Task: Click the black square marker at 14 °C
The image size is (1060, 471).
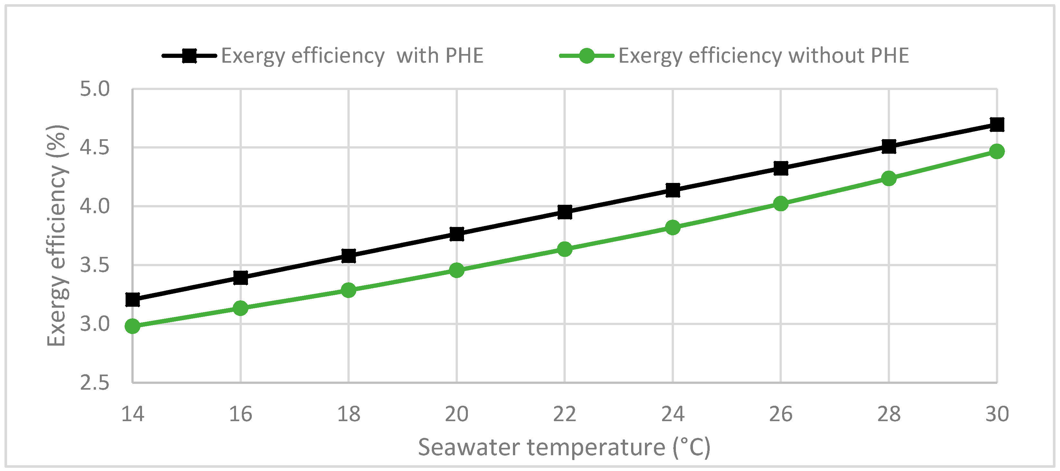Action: (x=133, y=300)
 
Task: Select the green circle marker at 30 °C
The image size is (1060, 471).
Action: (x=997, y=151)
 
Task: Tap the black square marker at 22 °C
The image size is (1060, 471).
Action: (x=564, y=212)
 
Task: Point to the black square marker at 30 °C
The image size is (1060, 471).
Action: (x=997, y=124)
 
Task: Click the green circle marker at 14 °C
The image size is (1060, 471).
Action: (x=133, y=326)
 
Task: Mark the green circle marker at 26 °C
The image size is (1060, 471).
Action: (x=781, y=204)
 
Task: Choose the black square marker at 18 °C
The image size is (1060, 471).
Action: (x=348, y=256)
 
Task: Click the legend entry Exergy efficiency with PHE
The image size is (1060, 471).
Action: (x=352, y=56)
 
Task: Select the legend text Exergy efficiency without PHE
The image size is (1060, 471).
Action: (x=763, y=56)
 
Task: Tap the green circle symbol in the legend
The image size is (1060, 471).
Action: (x=586, y=56)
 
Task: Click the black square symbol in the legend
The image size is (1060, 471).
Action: (x=189, y=56)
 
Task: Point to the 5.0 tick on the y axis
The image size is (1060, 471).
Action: (x=95, y=89)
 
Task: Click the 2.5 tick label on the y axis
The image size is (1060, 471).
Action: (x=95, y=383)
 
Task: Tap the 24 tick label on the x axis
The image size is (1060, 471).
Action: (x=673, y=414)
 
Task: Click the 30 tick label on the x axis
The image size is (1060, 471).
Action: (x=997, y=414)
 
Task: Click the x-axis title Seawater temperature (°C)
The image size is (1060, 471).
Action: (x=564, y=447)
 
